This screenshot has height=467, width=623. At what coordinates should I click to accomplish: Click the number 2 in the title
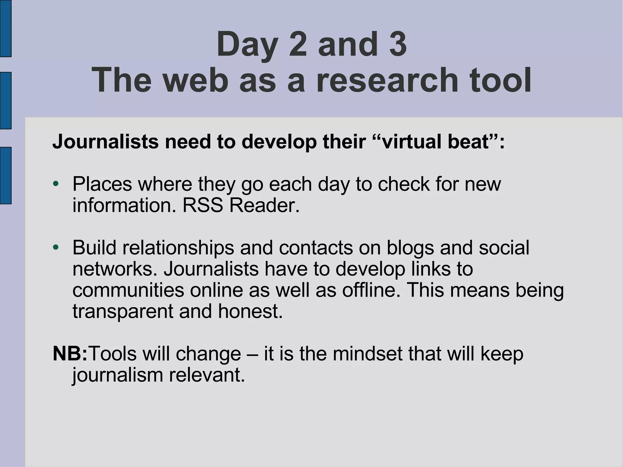pos(298,44)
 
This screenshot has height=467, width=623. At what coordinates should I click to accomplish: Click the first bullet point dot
pos(55,184)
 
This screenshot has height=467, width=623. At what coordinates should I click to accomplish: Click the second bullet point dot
pos(55,247)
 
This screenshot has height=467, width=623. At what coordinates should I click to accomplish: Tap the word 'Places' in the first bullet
pos(102,184)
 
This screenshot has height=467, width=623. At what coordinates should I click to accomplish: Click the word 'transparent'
pos(123,312)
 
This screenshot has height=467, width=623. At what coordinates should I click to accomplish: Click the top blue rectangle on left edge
pos(5,28)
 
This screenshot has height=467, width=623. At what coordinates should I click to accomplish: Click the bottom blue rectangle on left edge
pos(5,175)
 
